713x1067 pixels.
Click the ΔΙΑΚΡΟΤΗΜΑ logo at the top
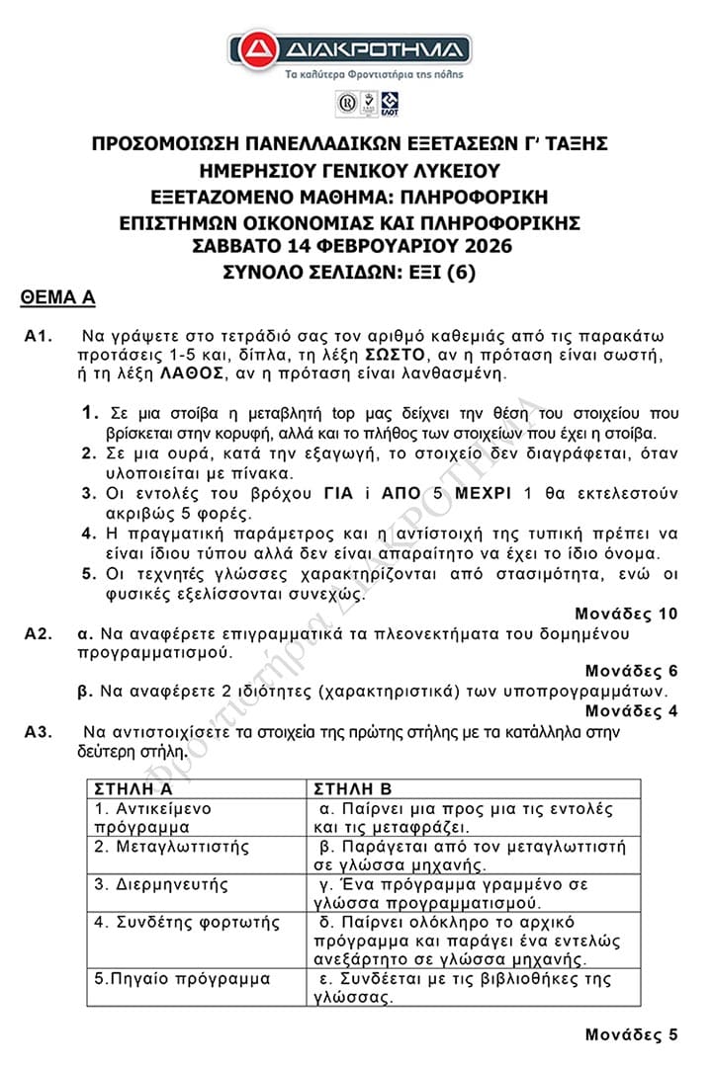pyautogui.click(x=349, y=48)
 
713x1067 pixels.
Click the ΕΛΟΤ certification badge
pyautogui.click(x=390, y=102)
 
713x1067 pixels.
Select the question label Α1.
pyautogui.click(x=39, y=337)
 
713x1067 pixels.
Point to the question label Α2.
pyautogui.click(x=39, y=633)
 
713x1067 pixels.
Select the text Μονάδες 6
pyautogui.click(x=631, y=671)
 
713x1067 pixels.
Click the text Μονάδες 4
pyautogui.click(x=631, y=710)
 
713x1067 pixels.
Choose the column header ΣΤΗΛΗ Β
pyautogui.click(x=352, y=789)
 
